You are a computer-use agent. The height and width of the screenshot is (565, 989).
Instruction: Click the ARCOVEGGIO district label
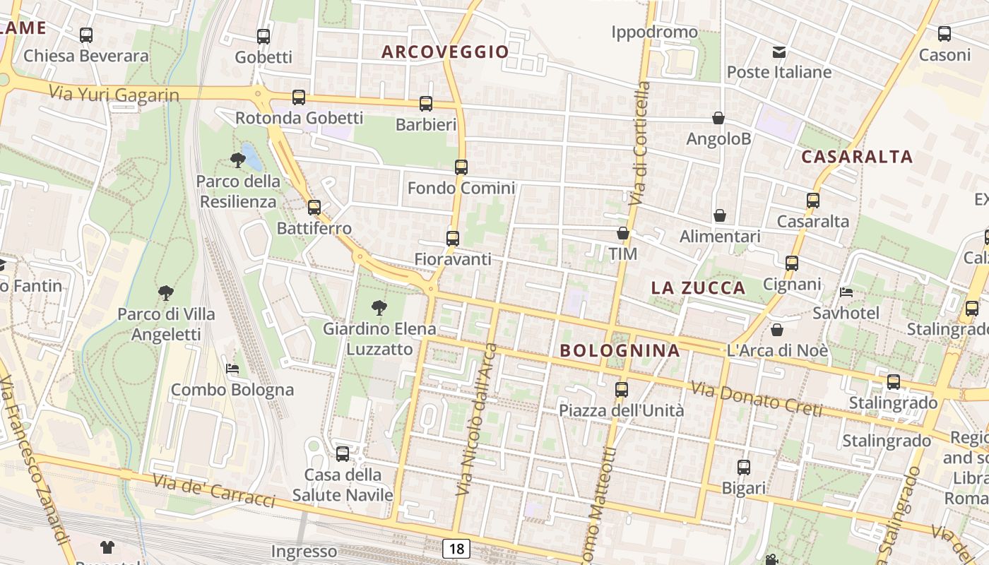tap(445, 52)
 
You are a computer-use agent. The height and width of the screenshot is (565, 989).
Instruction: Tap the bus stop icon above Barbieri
tap(426, 104)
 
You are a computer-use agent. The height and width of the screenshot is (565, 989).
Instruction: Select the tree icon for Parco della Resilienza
tap(238, 160)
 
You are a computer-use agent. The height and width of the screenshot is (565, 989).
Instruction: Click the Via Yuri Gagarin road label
tap(114, 93)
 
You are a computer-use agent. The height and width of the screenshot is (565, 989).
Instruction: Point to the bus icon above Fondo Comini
tap(461, 167)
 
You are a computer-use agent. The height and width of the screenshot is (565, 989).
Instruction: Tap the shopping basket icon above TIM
tap(622, 233)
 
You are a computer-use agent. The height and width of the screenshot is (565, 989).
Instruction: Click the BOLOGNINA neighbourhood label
tap(620, 350)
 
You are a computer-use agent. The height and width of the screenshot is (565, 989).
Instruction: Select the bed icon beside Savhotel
tap(846, 292)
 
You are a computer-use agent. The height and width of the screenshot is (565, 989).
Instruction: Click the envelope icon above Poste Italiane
tap(779, 52)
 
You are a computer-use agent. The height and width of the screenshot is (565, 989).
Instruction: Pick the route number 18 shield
tap(457, 548)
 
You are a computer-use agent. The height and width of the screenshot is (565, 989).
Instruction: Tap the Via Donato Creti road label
tap(756, 398)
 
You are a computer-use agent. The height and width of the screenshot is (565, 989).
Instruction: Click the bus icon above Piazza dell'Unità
tap(622, 389)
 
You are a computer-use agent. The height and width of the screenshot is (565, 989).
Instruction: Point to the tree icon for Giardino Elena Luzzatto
tap(379, 307)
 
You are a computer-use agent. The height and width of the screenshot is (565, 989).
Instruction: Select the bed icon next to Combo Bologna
tap(232, 369)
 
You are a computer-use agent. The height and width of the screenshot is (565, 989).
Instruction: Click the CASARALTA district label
tap(857, 157)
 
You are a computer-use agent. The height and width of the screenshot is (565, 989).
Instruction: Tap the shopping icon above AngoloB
tap(718, 118)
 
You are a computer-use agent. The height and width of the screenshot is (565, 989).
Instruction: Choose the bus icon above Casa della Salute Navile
tap(343, 453)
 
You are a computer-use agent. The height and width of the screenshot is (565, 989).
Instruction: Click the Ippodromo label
tap(654, 32)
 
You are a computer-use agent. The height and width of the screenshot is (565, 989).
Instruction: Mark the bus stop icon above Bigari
tap(744, 467)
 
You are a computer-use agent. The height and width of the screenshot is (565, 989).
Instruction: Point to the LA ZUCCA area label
tap(698, 287)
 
